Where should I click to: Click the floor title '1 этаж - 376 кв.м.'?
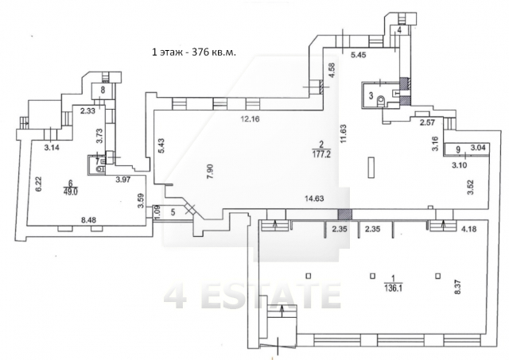click(x=194, y=52)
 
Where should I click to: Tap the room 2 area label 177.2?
click(x=321, y=154)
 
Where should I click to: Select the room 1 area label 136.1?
click(x=393, y=288)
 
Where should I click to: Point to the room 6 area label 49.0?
click(x=71, y=191)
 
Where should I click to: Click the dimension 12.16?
click(x=250, y=119)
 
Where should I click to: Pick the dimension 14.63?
click(x=314, y=199)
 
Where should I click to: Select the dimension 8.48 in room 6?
click(x=87, y=220)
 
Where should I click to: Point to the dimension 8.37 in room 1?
click(x=458, y=288)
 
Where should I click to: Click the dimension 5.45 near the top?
click(x=359, y=55)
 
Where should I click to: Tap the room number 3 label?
click(x=371, y=96)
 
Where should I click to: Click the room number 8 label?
click(x=103, y=90)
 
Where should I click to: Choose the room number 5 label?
click(x=173, y=212)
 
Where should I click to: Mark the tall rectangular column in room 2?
click(x=371, y=168)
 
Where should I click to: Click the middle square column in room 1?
click(x=373, y=277)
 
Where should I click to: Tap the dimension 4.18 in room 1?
click(x=469, y=230)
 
